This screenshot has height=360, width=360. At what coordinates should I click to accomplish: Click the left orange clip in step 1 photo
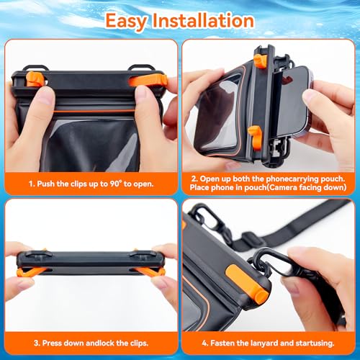(34, 78)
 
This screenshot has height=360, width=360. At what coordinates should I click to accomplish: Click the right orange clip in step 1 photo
(150, 78)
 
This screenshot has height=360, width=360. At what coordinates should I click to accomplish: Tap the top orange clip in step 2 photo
(260, 60)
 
